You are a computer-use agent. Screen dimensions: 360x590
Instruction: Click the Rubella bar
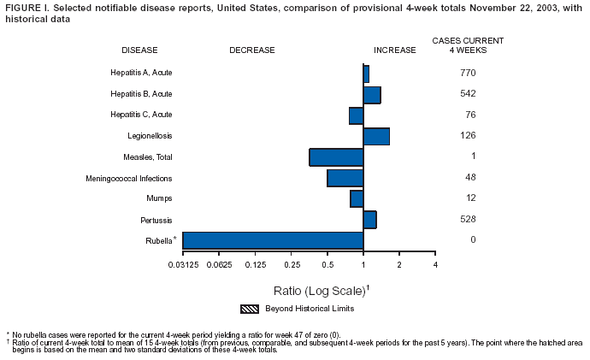tap(273, 240)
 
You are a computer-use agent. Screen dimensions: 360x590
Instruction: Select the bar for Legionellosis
tap(376, 136)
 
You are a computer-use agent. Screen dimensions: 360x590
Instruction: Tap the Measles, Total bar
tap(336, 157)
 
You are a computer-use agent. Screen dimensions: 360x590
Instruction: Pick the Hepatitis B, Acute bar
tap(372, 95)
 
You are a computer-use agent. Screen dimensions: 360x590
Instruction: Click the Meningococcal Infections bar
tap(345, 178)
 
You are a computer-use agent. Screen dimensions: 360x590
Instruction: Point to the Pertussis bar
tap(369, 220)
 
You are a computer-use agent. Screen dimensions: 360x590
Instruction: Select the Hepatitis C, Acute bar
tap(356, 115)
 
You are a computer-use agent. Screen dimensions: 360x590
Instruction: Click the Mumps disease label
tap(159, 198)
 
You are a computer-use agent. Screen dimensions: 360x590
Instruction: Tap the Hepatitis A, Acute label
tap(141, 74)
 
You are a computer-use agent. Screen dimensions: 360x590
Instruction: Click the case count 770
tap(468, 73)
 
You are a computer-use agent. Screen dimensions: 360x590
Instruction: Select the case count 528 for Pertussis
tap(468, 219)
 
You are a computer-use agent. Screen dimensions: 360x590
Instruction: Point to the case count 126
tap(468, 135)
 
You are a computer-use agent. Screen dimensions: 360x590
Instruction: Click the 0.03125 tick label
tap(182, 265)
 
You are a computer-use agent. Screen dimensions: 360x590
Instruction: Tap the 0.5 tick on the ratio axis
tap(327, 265)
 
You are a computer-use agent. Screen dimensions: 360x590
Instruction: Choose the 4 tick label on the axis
tap(435, 265)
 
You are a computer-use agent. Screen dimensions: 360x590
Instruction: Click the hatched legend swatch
tap(250, 309)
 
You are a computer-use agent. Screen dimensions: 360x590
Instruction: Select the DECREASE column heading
tap(251, 50)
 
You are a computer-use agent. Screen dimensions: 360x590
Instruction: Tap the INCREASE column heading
tap(395, 50)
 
